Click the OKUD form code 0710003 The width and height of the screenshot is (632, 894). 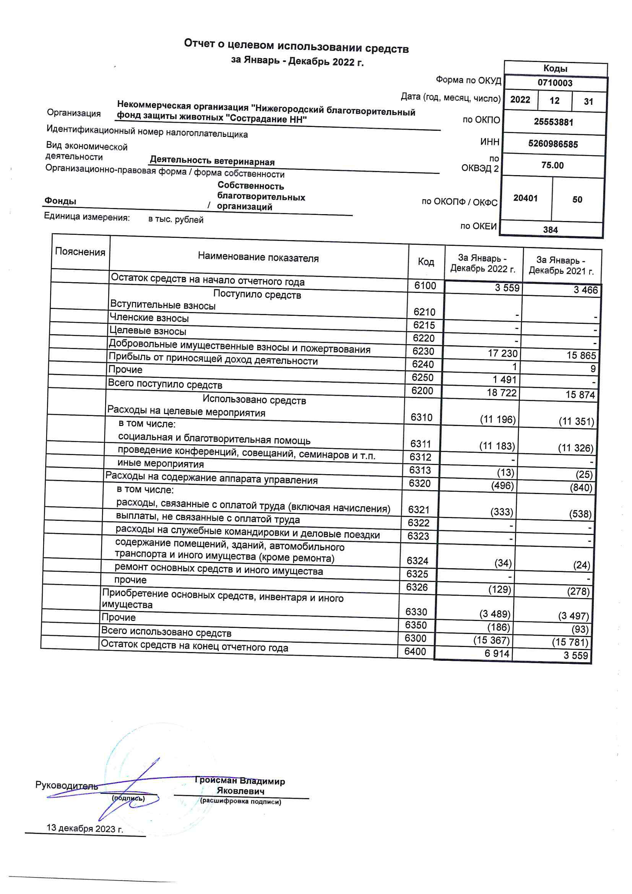click(555, 83)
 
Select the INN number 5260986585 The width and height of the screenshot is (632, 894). click(553, 144)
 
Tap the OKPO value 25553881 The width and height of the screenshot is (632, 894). click(553, 122)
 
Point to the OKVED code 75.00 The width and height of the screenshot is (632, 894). click(552, 166)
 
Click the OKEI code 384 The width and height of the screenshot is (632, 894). click(550, 230)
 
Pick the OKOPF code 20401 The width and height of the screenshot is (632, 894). click(525, 198)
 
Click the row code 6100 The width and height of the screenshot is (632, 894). click(425, 286)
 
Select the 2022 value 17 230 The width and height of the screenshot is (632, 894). click(503, 353)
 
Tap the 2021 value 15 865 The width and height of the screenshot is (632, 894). click(581, 355)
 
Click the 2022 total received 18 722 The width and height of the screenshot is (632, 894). click(502, 392)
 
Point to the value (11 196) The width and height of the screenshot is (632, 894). click(498, 419)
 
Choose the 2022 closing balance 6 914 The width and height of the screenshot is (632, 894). click(497, 653)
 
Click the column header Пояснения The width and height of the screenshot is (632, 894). click(80, 252)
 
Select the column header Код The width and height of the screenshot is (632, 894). click(426, 262)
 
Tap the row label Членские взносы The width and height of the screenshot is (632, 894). click(149, 318)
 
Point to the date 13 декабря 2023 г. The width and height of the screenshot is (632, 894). click(85, 828)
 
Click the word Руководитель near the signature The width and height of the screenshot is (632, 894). click(67, 785)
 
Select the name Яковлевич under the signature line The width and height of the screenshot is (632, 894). click(240, 791)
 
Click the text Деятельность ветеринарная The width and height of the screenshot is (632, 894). click(212, 161)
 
